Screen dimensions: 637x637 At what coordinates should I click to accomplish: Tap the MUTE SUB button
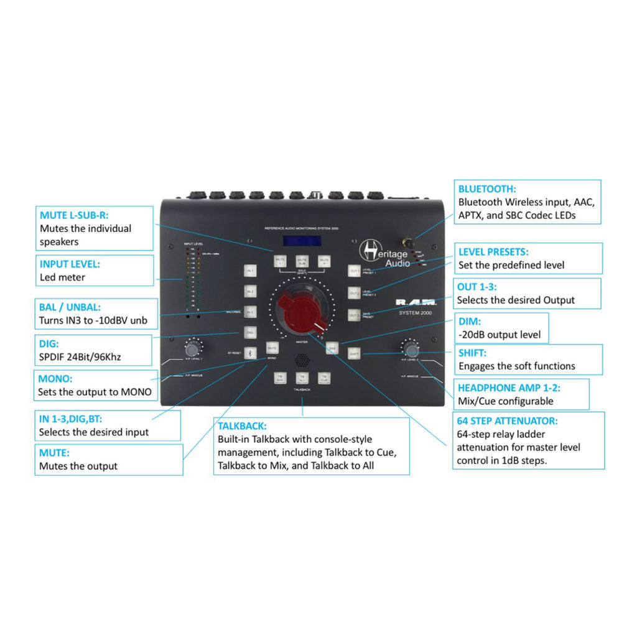[x=302, y=261]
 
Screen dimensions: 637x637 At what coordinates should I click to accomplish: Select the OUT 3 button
[x=354, y=315]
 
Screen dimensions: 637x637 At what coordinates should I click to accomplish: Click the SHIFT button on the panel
[x=354, y=353]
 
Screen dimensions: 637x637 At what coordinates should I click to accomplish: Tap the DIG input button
[x=250, y=333]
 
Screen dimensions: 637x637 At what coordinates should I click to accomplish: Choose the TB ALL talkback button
[x=302, y=378]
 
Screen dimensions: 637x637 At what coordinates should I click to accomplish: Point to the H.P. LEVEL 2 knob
[x=411, y=349]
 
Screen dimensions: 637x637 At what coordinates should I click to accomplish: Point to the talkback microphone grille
[x=302, y=360]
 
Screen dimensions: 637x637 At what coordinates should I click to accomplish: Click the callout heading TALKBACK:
[x=242, y=426]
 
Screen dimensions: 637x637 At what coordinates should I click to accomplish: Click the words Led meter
[x=62, y=277]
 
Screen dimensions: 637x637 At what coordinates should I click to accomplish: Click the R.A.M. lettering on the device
[x=416, y=303]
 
